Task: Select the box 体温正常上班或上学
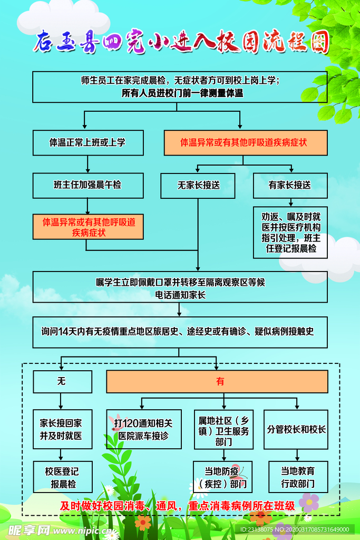[x=87, y=143]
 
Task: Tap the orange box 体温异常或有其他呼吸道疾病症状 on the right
[x=245, y=143]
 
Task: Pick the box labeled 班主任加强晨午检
[x=87, y=185]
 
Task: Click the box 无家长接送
[x=198, y=186]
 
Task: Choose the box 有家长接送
[x=290, y=186]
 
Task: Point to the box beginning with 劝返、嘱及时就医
[x=290, y=232]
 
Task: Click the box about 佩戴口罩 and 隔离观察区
[x=180, y=288]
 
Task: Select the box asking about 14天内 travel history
[x=180, y=332]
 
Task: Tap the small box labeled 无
[x=62, y=382]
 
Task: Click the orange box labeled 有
[x=217, y=382]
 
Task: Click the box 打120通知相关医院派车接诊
[x=144, y=429]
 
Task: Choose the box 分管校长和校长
[x=296, y=429]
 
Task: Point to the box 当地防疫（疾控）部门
[x=223, y=477]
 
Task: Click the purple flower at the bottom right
[x=309, y=502]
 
